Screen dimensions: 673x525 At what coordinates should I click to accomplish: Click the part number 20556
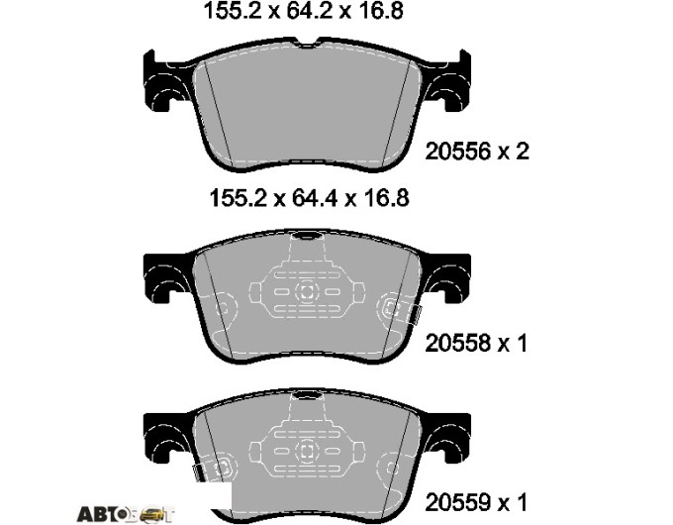(457, 152)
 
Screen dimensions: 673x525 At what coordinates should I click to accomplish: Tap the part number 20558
(457, 344)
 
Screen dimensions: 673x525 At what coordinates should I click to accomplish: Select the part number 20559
(457, 502)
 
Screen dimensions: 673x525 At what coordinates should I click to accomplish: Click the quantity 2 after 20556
(523, 152)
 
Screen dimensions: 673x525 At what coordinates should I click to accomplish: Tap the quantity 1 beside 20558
(521, 344)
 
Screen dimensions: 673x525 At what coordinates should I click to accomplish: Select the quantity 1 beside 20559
(521, 502)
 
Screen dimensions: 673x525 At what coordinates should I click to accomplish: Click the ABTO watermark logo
(126, 513)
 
